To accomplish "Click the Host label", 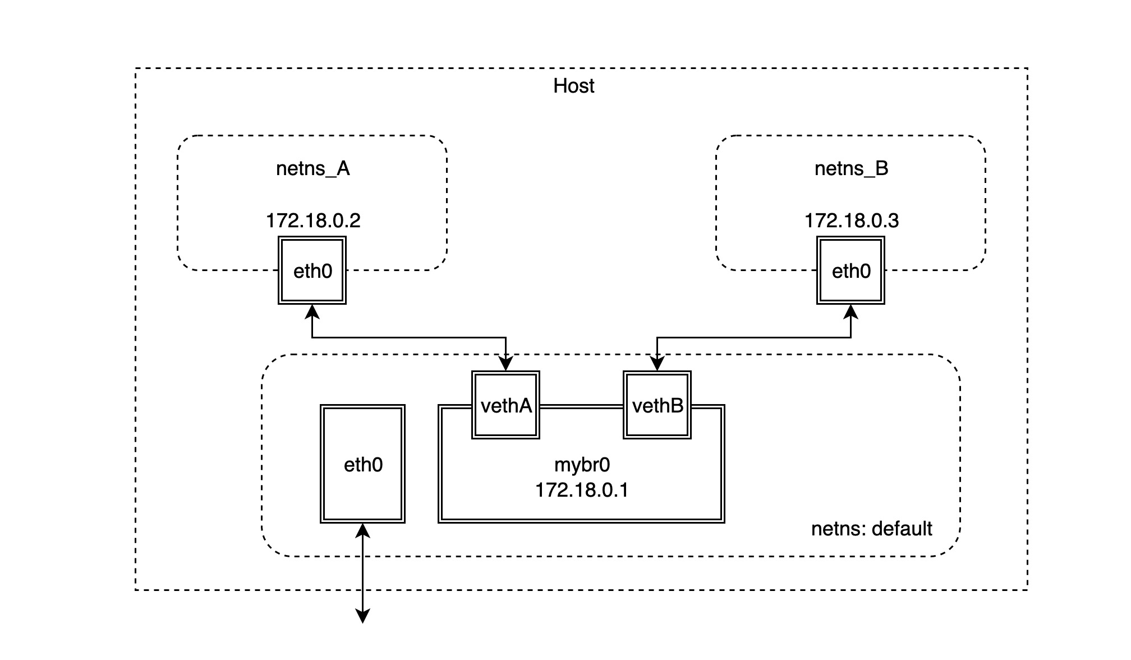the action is coord(573,86).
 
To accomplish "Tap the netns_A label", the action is coord(313,168).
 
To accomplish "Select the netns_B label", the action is coord(851,168).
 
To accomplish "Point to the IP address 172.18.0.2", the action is coord(313,221).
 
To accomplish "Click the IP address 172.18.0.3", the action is coord(852,221).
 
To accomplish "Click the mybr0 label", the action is coord(582,465).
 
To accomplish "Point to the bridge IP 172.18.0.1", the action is coord(582,490).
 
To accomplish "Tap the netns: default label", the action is coord(872,529).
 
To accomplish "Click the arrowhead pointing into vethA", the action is coord(506,364).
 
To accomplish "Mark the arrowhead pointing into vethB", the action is coord(658,364).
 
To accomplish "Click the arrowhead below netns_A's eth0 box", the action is coord(312,311).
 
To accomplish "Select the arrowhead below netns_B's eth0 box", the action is coord(851,311).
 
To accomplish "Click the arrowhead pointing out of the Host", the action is coord(363,616).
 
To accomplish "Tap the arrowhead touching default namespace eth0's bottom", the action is coord(363,530).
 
